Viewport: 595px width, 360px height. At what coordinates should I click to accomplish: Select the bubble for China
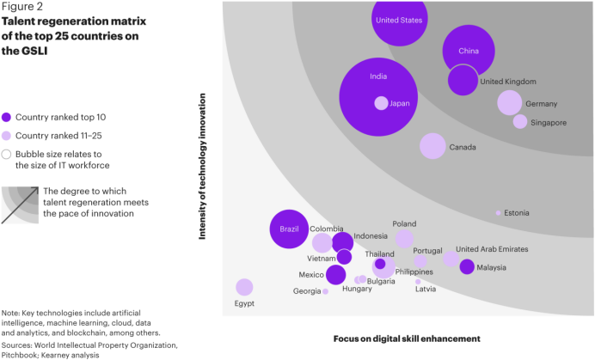pyautogui.click(x=469, y=51)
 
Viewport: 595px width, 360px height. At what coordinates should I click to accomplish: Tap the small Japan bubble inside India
pyautogui.click(x=381, y=103)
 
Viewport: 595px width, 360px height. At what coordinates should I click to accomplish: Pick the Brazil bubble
pyautogui.click(x=288, y=229)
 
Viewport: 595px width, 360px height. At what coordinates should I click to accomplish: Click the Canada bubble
pyautogui.click(x=432, y=146)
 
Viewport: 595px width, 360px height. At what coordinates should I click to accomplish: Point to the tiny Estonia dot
pyautogui.click(x=498, y=212)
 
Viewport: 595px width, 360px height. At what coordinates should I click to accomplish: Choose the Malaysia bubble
pyautogui.click(x=467, y=267)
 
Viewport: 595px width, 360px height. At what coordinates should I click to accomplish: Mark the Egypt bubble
pyautogui.click(x=244, y=287)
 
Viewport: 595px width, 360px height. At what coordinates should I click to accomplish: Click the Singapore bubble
pyautogui.click(x=520, y=122)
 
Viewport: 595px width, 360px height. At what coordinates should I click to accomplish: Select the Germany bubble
pyautogui.click(x=510, y=103)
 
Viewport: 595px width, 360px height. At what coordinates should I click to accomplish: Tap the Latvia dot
pyautogui.click(x=418, y=282)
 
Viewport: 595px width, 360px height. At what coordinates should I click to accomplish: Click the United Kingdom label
pyautogui.click(x=508, y=82)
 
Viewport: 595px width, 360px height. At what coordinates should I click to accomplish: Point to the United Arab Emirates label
pyautogui.click(x=492, y=249)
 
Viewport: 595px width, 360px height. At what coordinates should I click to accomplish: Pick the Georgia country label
pyautogui.click(x=307, y=291)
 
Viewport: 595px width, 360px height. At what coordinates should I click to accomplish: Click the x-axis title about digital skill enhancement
pyautogui.click(x=407, y=339)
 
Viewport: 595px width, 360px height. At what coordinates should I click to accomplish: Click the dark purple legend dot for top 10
pyautogui.click(x=7, y=117)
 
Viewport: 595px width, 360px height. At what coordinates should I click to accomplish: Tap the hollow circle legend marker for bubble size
pyautogui.click(x=7, y=155)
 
